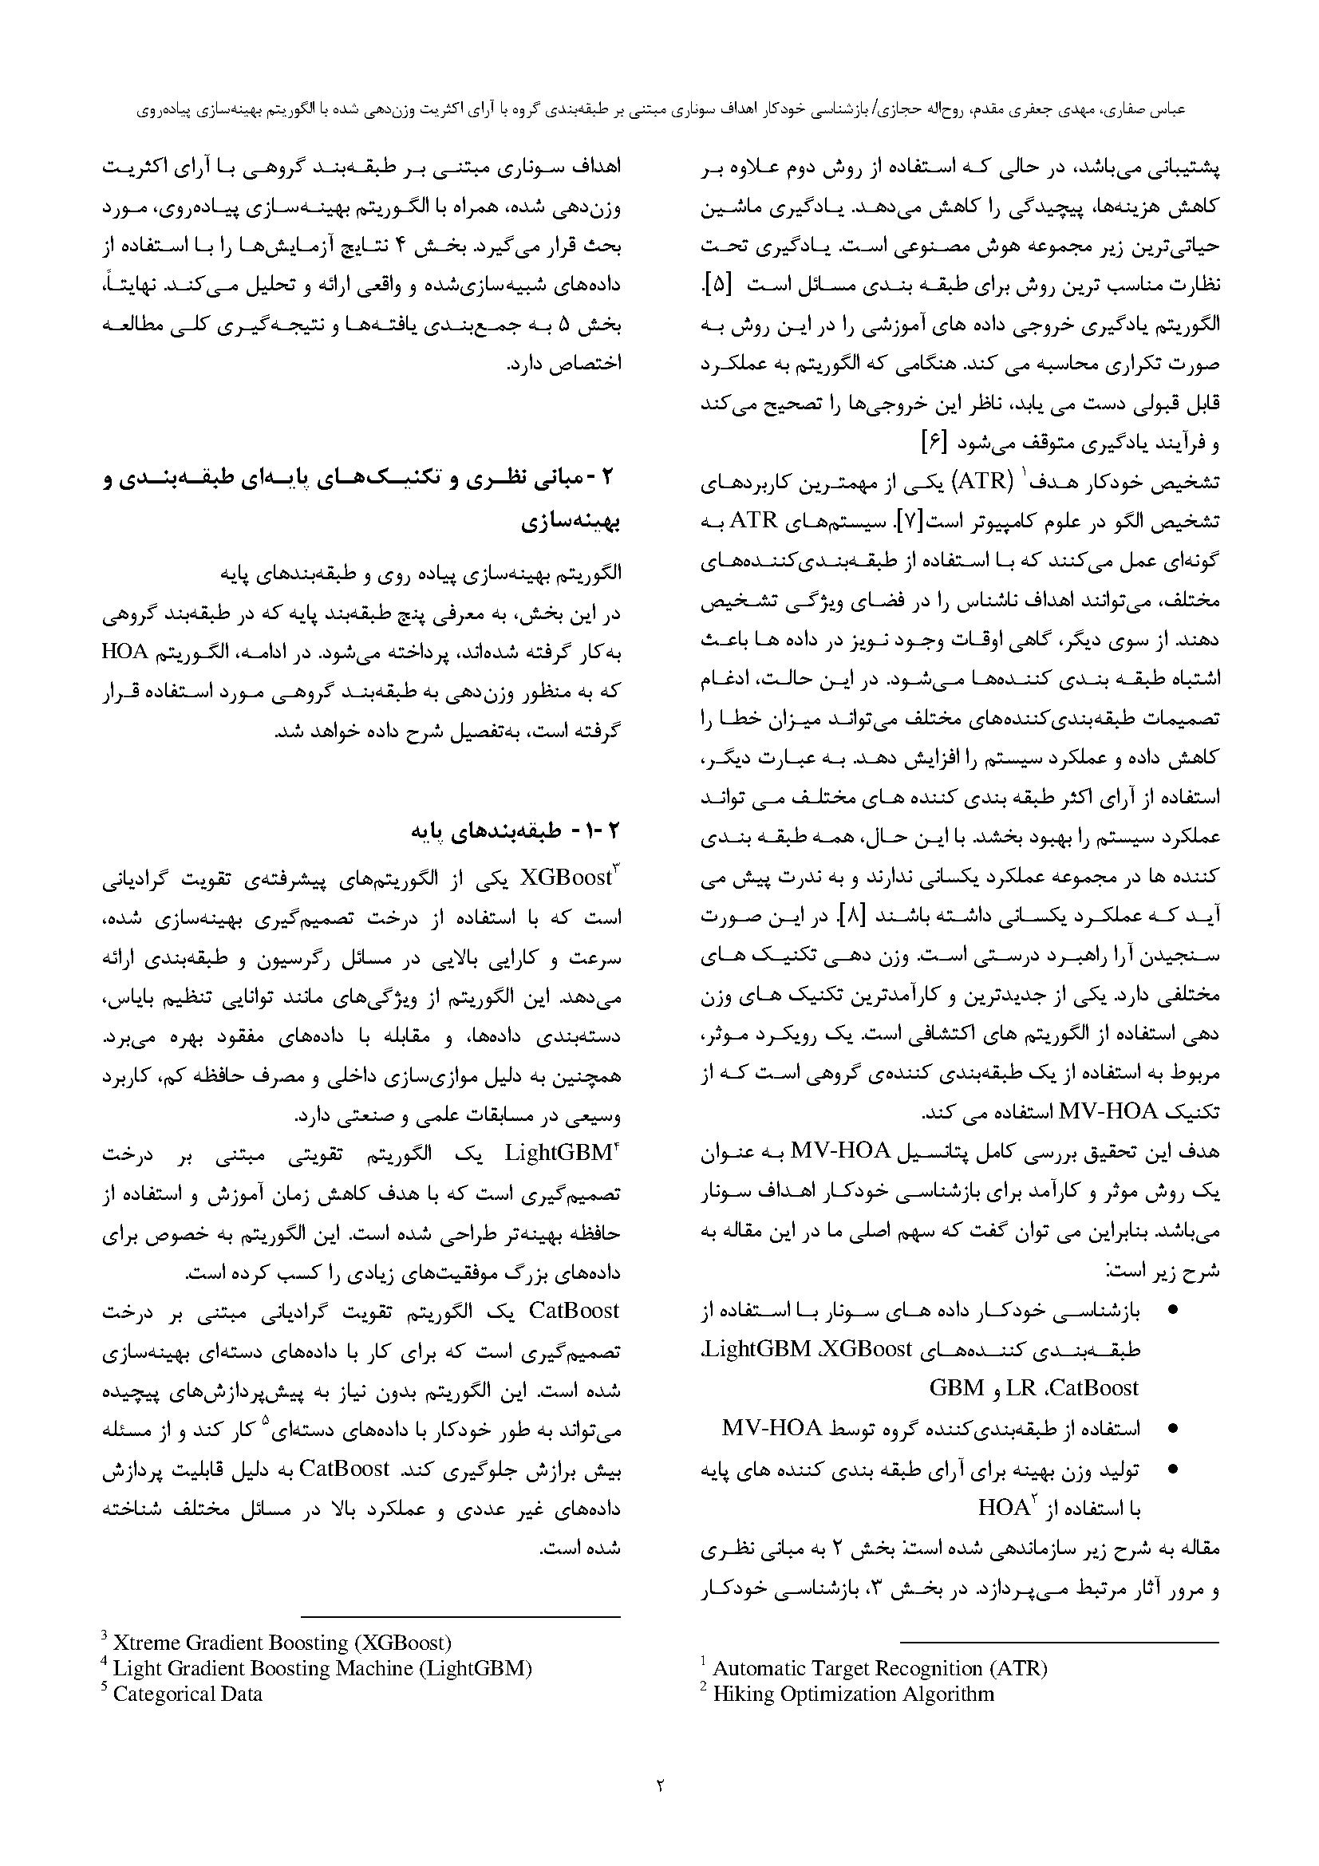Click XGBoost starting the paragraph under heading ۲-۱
(x=567, y=878)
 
